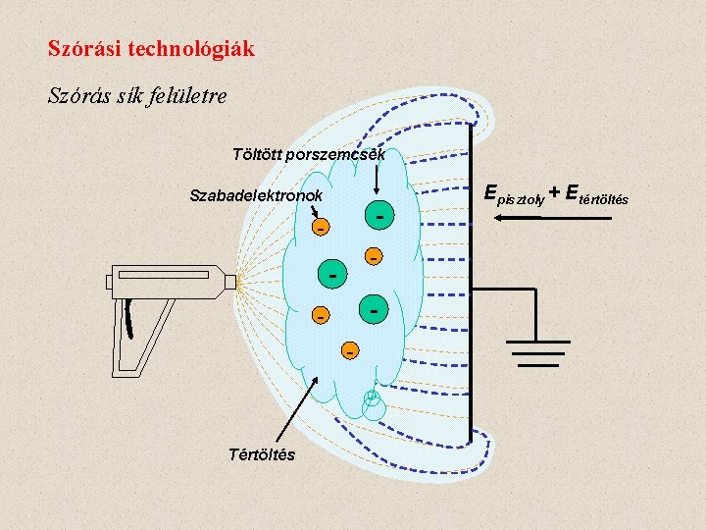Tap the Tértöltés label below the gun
tap(261, 454)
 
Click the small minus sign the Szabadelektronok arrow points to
tap(319, 228)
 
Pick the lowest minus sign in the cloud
tap(349, 349)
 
